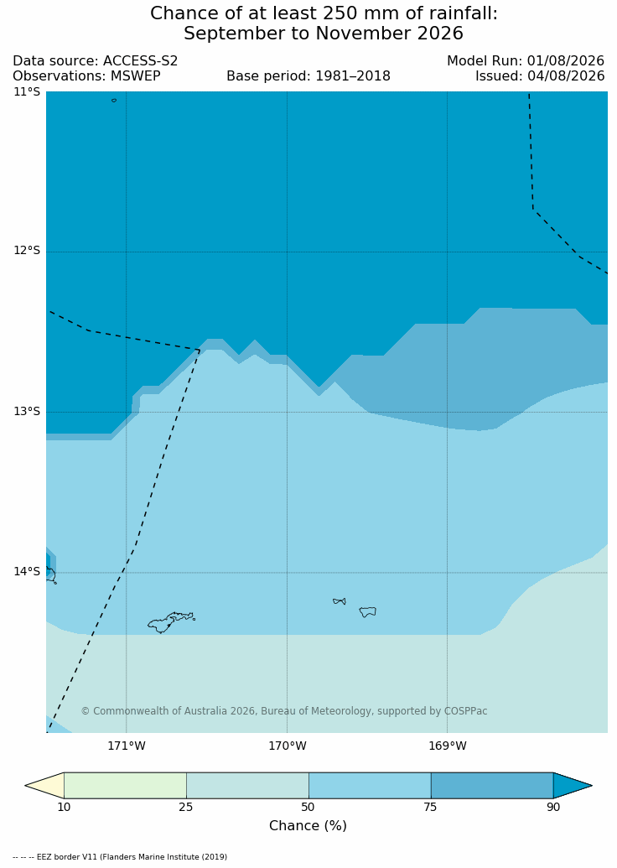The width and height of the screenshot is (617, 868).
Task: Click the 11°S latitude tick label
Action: (27, 92)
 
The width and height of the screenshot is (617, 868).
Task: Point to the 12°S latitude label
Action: (27, 251)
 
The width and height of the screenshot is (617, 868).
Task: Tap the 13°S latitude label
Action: (27, 411)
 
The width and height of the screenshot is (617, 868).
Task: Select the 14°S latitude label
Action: (27, 571)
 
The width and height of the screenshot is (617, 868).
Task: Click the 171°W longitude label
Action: (127, 746)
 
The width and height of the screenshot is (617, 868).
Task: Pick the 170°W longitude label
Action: (288, 746)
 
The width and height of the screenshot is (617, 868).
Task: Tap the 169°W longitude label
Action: (448, 746)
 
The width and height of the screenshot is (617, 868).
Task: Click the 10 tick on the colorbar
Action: (65, 807)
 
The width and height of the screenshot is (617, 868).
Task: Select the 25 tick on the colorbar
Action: (186, 807)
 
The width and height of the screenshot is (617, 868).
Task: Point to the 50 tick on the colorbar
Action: (308, 807)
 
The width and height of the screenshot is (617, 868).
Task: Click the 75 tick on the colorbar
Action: (431, 807)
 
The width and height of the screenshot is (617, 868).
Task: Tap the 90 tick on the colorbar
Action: (553, 807)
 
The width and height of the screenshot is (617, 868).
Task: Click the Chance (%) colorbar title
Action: (308, 826)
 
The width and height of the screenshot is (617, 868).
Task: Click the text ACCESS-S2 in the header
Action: (141, 61)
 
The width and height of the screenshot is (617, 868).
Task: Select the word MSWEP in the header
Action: (136, 75)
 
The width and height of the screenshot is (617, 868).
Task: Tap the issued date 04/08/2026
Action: (566, 75)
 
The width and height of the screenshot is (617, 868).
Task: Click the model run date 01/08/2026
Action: (566, 61)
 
